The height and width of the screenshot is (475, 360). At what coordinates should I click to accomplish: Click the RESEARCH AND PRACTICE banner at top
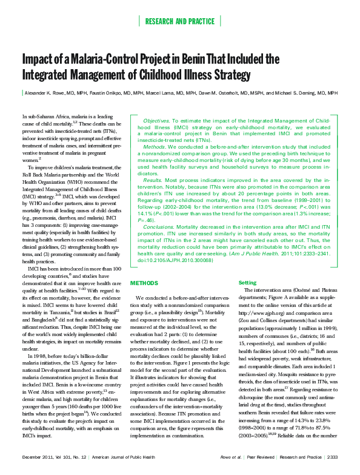pos(180,22)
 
